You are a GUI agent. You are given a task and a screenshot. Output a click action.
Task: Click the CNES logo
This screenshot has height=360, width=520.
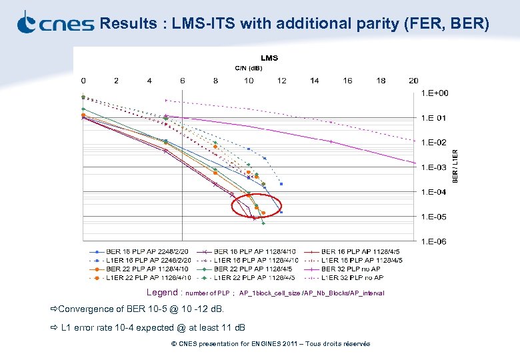click(55, 23)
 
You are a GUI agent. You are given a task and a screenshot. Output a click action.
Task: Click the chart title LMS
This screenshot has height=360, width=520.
click(269, 58)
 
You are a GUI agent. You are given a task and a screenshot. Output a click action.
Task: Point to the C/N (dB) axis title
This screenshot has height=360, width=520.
click(249, 68)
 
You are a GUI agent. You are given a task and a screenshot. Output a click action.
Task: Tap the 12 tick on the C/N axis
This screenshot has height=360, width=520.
click(282, 81)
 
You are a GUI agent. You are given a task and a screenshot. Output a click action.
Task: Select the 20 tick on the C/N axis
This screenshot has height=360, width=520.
click(413, 81)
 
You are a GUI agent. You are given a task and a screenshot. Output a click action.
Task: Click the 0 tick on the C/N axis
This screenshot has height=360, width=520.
click(83, 81)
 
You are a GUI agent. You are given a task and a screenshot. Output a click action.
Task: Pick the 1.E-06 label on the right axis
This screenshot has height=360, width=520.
click(434, 241)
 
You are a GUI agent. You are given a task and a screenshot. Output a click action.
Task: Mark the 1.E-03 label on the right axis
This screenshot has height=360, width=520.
click(434, 167)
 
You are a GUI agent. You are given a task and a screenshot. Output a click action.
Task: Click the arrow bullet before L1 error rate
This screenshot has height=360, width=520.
click(54, 327)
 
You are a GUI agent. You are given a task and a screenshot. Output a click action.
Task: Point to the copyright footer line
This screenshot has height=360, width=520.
click(270, 344)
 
